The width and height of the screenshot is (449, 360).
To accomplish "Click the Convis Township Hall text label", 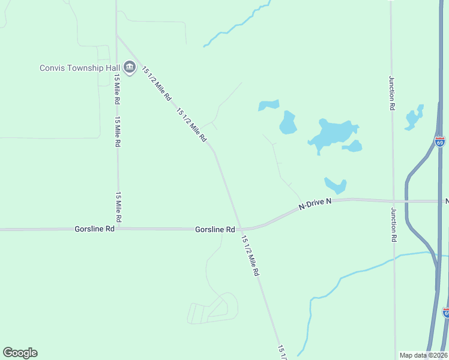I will coord(79,67).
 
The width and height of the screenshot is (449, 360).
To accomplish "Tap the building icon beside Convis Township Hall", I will coord(129,67).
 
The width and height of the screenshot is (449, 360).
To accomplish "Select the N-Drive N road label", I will coord(315,205).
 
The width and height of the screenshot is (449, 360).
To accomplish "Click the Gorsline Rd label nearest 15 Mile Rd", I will coord(94,229).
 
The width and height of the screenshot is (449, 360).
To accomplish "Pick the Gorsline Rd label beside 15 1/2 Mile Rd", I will coord(214,230).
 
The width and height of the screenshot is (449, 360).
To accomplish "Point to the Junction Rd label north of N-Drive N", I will coord(392,93).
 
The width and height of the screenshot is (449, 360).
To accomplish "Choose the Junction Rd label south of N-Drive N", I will coord(394,224).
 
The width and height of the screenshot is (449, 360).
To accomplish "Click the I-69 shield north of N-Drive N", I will coord(440,142).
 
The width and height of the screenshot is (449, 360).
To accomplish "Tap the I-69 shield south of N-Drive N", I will coord(445,313).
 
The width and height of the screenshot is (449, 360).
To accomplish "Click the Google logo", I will coord(20,353).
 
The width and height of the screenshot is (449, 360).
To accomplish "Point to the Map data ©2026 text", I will coord(423,355).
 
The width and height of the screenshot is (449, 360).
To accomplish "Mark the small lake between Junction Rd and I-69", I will coord(414,118).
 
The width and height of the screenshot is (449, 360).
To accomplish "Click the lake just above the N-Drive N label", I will coord(335,185).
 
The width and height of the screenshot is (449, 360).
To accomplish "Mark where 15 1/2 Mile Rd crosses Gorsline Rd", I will coord(240,229).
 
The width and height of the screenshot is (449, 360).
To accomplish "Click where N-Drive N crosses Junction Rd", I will coord(393,201).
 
